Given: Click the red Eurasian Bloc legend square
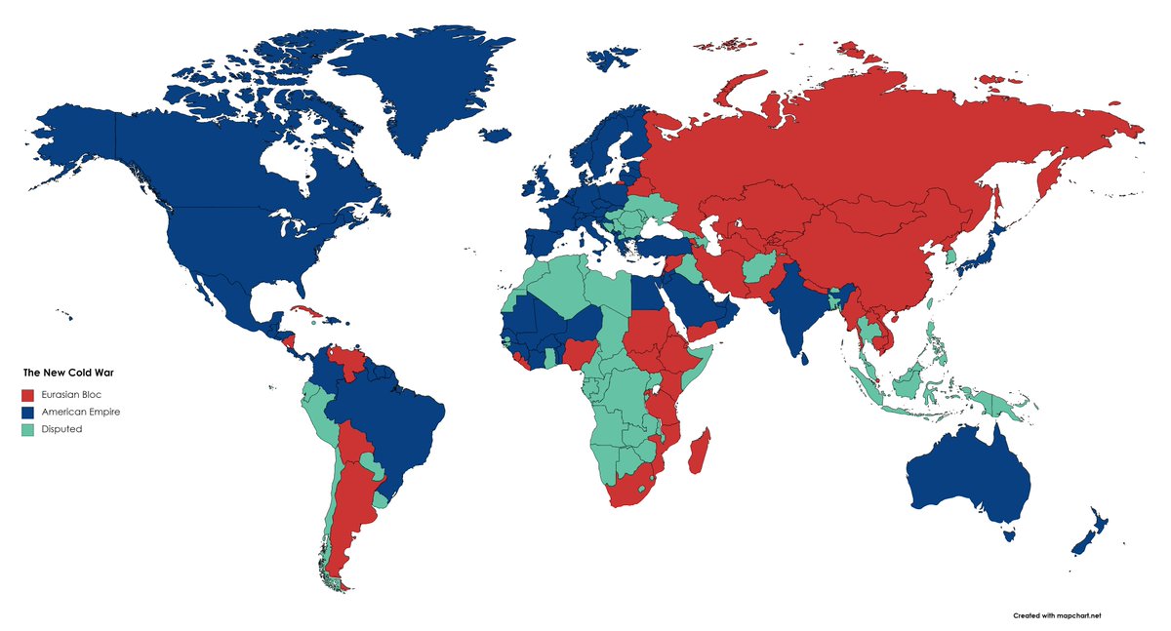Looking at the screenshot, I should point(28,395).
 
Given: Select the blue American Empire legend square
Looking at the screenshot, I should point(28,413).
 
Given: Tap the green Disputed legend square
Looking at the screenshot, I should point(28,429).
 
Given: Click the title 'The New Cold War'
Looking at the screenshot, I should point(68,373).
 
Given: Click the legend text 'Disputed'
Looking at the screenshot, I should point(62,429).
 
